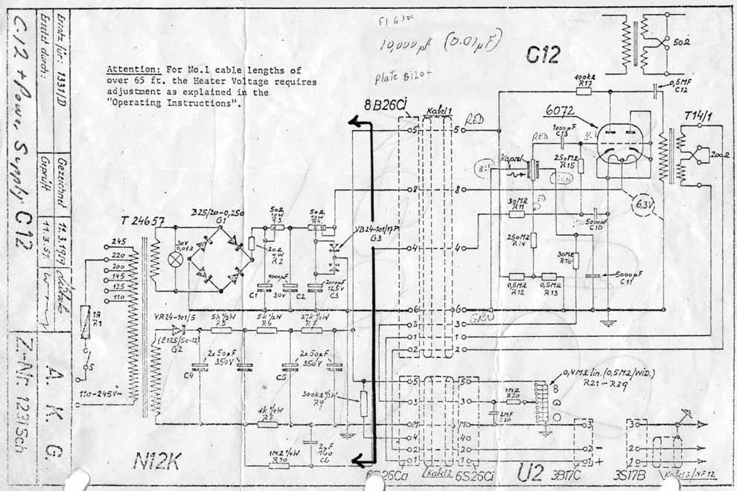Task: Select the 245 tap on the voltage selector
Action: click(116, 242)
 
